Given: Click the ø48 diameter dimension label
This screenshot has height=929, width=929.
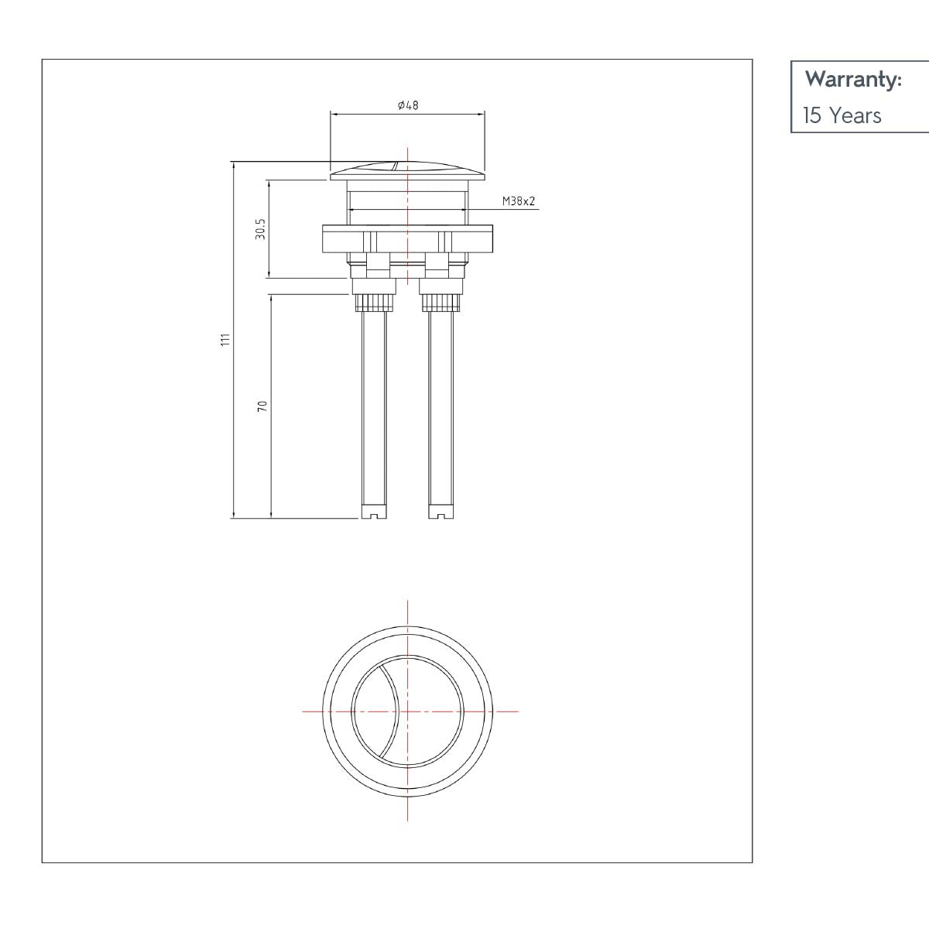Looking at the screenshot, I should (407, 105).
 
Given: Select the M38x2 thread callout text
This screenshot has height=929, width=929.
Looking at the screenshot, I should (519, 201).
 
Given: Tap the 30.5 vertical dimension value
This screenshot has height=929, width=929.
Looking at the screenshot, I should (261, 228).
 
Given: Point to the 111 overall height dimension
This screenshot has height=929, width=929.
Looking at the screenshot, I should (225, 340).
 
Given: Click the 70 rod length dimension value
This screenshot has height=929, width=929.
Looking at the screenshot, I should (262, 406).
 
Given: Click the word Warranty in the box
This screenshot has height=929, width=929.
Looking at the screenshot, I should (853, 80).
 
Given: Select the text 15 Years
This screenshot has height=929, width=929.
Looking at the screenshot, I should (842, 116).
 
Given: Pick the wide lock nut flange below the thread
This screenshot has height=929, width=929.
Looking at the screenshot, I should (407, 238).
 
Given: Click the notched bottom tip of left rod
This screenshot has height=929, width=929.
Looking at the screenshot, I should (374, 512).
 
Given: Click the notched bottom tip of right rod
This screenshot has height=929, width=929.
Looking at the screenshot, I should (441, 512).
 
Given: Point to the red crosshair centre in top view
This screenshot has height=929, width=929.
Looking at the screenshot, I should (407, 711).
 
